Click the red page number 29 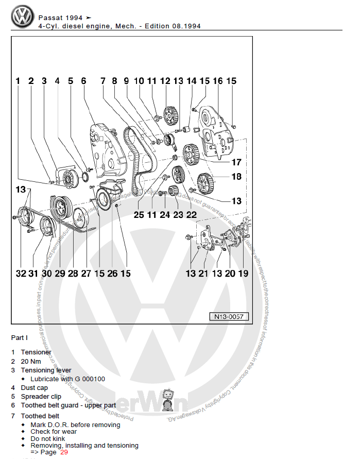tap(64, 452)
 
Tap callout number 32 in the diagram tap(21, 274)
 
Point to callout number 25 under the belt tap(139, 215)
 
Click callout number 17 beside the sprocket tap(236, 162)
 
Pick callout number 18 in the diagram tap(236, 176)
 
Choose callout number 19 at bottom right tap(243, 274)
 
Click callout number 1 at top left tap(18, 81)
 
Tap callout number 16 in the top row tap(217, 81)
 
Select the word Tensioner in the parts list tap(36, 352)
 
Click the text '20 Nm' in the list tap(30, 361)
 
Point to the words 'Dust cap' tap(34, 387)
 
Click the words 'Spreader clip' tap(41, 396)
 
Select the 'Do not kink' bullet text tap(48, 438)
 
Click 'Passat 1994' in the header tap(60, 18)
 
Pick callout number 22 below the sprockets tap(192, 215)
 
